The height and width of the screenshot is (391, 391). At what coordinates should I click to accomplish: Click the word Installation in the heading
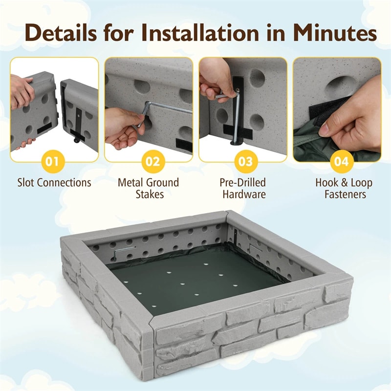[201, 33]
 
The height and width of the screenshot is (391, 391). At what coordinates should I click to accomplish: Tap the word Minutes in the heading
[335, 33]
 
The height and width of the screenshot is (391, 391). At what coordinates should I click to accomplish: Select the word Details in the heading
[61, 33]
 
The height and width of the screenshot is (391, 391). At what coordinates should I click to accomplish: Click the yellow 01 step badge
[52, 162]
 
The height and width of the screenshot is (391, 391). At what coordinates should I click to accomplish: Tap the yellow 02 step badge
[153, 162]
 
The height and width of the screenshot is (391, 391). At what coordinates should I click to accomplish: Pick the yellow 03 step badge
[246, 162]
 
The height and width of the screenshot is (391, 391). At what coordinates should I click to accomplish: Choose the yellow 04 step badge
[342, 162]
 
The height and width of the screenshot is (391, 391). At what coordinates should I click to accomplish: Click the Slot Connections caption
[54, 182]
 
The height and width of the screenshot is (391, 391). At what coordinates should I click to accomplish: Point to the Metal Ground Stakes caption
[149, 188]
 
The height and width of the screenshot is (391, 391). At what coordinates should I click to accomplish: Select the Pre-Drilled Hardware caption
[243, 188]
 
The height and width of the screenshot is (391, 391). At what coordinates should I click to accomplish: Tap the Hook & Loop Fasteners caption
[344, 188]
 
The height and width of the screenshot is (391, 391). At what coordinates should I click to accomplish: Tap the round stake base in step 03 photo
[236, 143]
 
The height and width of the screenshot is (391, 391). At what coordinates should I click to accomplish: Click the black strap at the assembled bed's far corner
[236, 238]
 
